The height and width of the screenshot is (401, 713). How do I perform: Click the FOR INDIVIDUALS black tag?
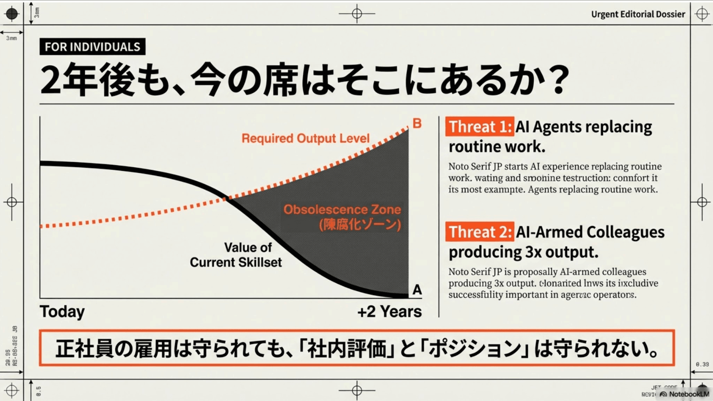tap(92, 47)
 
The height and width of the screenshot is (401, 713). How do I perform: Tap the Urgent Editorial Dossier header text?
tap(638, 14)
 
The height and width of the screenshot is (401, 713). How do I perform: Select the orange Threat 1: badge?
tap(480, 127)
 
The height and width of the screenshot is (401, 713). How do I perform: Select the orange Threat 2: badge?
tap(480, 232)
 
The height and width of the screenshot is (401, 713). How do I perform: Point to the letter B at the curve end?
tap(417, 123)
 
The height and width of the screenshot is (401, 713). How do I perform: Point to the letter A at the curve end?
tap(417, 289)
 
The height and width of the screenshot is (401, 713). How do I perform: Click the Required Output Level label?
tap(305, 138)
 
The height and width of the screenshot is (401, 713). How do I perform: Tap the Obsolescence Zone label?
tap(342, 209)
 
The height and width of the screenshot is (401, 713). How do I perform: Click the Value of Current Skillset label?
tap(236, 255)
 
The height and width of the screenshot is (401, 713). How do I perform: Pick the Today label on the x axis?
tap(62, 311)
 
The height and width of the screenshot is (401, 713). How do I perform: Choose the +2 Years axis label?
tap(389, 311)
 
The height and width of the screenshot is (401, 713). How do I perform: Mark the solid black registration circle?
tap(12, 14)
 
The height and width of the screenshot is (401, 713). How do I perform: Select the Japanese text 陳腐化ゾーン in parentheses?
tap(360, 225)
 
